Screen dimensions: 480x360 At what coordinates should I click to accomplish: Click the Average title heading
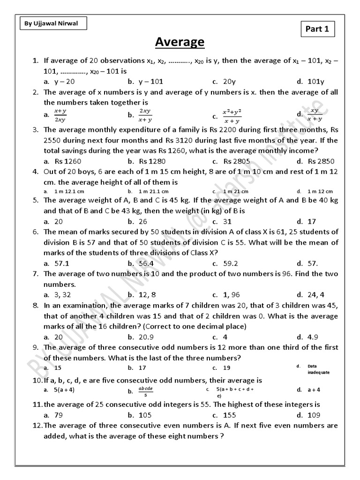point(180,43)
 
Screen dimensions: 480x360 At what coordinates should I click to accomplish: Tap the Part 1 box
point(317,30)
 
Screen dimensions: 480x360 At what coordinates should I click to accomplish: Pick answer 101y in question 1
point(315,82)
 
